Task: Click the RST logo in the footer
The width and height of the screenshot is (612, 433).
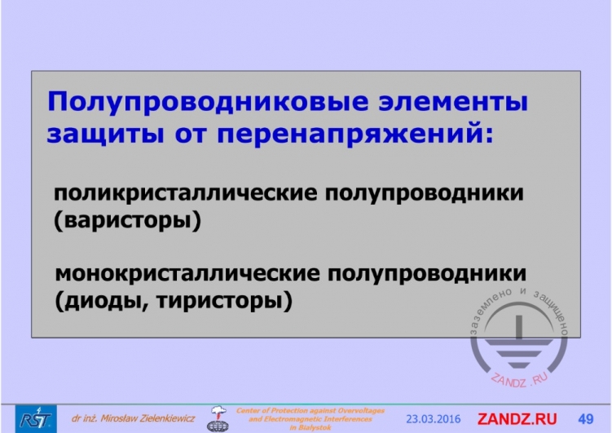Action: coord(36,418)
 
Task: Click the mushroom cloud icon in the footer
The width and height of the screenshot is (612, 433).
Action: coord(218,418)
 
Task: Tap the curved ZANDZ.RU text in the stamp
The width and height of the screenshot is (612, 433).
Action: coord(519,380)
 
